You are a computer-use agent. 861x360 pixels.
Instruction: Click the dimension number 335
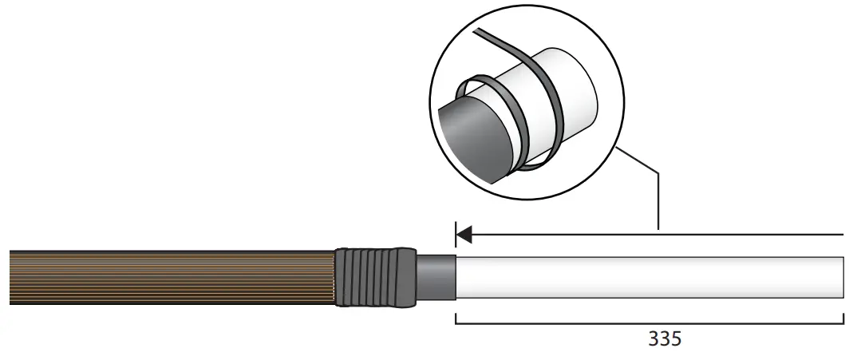pos(664,339)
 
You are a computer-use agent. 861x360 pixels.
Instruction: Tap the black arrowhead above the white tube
pos(464,235)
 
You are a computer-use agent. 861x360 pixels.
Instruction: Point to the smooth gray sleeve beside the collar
pos(436,276)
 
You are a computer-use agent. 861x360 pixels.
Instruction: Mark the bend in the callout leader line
pos(658,171)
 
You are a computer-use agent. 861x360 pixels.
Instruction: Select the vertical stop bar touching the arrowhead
pos(455,235)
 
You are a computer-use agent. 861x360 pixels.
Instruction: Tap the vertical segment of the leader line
pos(658,200)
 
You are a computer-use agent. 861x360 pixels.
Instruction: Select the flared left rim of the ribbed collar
pos(339,277)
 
